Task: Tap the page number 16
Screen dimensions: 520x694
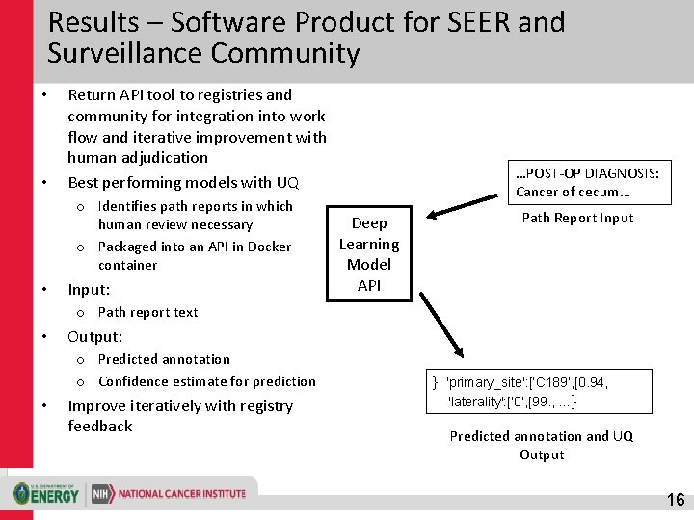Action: (676, 500)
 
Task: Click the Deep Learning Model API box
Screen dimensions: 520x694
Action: (369, 254)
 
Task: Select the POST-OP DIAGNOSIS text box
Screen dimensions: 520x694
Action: (588, 182)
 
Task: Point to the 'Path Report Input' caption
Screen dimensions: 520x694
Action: (577, 218)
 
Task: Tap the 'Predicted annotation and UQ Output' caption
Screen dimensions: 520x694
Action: (542, 445)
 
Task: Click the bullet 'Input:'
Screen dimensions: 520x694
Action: (89, 289)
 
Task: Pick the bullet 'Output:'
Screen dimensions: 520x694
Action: (94, 336)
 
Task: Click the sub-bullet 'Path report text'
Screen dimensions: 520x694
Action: (147, 312)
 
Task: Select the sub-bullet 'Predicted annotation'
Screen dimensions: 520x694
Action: (164, 359)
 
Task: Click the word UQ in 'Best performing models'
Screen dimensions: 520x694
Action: (287, 182)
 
